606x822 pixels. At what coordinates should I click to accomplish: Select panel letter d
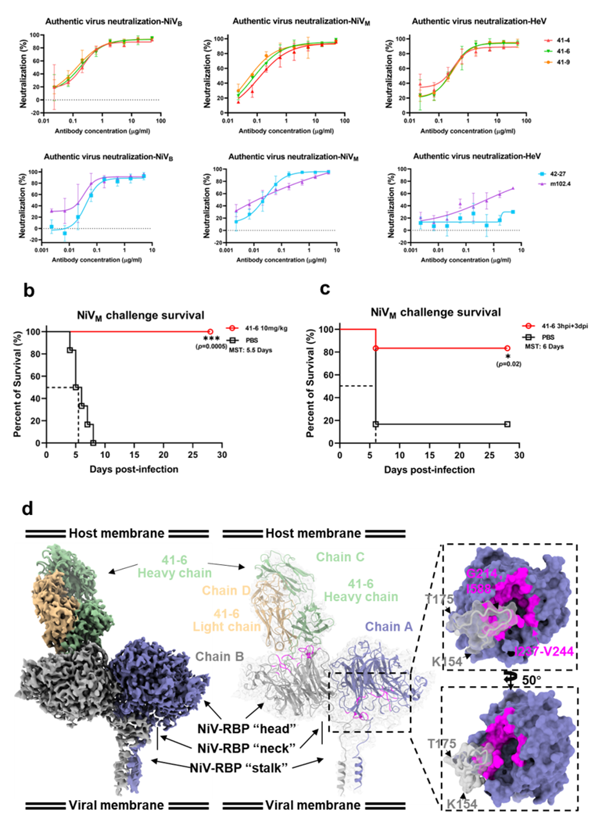[28, 509]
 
